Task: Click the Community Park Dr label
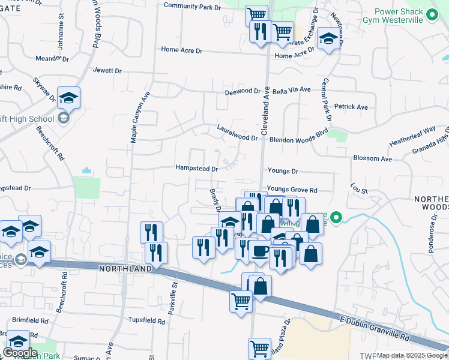(192, 6)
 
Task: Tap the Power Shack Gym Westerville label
(407, 16)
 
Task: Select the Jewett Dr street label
(107, 71)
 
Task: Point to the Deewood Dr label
(243, 92)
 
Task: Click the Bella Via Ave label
(291, 89)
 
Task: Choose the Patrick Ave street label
(351, 106)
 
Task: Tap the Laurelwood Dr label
(237, 138)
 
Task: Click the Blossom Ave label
(373, 159)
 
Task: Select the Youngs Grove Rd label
(292, 190)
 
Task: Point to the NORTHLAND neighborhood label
(126, 269)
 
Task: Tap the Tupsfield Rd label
(146, 321)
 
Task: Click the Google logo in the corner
(20, 353)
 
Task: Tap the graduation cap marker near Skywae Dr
(68, 97)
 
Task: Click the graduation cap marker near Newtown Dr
(328, 39)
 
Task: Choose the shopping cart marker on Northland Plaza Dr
(259, 347)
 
